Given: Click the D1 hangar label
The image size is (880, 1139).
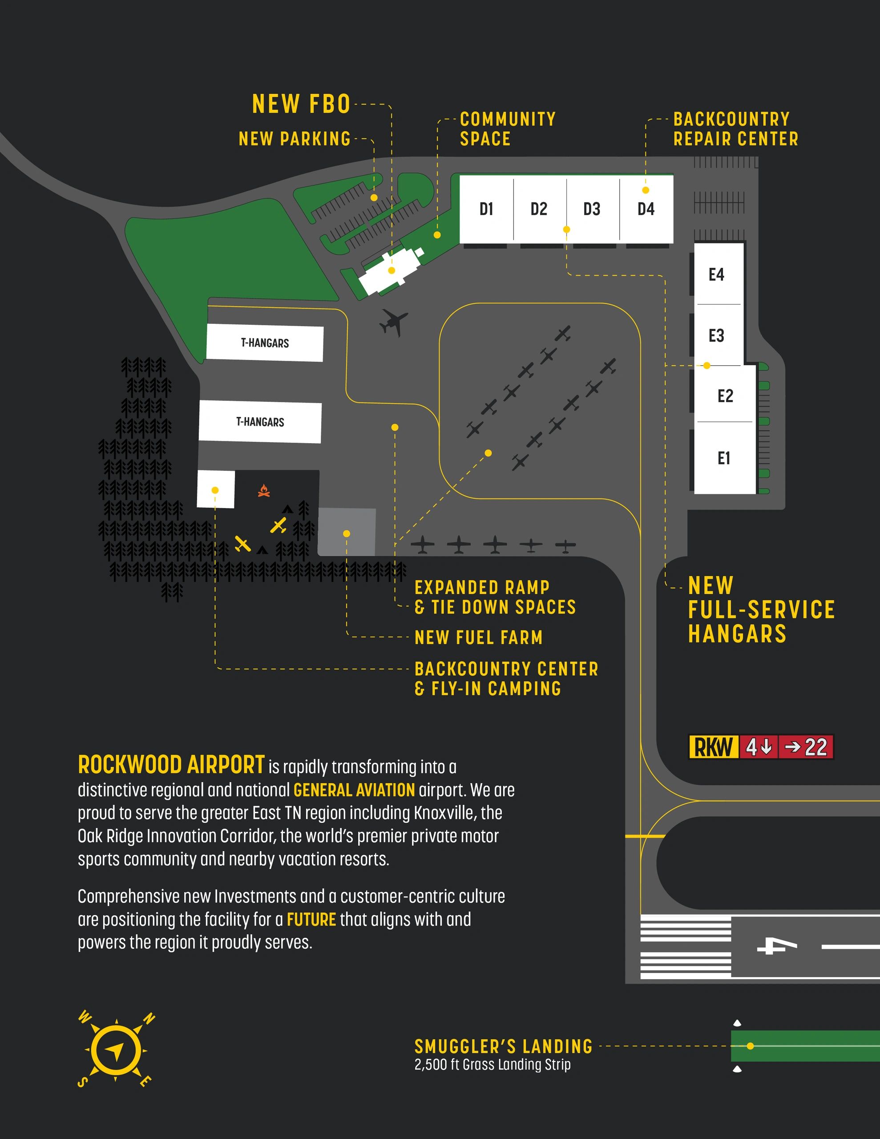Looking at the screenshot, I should (486, 209).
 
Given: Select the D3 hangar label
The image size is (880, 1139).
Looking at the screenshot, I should (592, 209).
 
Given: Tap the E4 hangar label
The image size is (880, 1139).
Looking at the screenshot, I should (716, 275).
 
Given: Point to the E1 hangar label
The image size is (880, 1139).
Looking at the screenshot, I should (723, 458).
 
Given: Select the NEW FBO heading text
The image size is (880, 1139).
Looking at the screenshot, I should (301, 104).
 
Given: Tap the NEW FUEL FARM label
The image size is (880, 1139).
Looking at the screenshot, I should (478, 637).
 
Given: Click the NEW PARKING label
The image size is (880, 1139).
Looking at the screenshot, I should (294, 139).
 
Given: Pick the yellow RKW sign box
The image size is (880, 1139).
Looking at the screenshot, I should (713, 747).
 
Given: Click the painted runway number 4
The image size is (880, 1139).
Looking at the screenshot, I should (777, 945).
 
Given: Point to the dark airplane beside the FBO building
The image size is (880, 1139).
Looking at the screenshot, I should (393, 322).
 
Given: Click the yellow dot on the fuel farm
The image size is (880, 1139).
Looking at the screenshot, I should (347, 533).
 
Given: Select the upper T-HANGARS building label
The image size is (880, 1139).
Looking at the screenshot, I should (265, 343).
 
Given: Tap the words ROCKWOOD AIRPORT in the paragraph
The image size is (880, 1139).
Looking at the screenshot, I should (171, 765).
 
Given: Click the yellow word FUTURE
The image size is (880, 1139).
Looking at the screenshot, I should (311, 920).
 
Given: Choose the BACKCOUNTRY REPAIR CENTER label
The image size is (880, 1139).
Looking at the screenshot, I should (735, 129).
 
